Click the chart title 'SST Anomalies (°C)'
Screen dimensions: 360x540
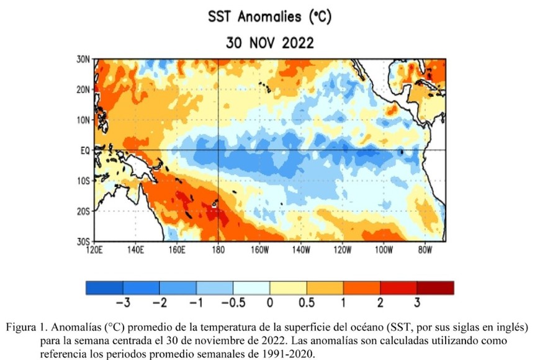coord(269,17)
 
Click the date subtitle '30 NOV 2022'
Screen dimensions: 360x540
coord(269,43)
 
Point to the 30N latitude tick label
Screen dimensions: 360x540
coord(83,59)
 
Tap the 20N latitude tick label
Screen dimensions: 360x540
coord(83,89)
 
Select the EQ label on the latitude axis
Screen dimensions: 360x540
coord(85,150)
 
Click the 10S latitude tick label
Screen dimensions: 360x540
coord(83,181)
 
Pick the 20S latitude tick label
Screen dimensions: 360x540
coord(83,211)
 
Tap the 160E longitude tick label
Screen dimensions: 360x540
coord(176,250)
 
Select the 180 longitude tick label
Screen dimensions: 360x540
coord(218,250)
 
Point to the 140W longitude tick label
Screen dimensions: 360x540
coord(300,250)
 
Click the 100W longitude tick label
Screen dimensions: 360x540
coord(384,250)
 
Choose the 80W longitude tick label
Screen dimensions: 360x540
coord(425,250)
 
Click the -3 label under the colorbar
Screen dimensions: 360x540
coord(122,303)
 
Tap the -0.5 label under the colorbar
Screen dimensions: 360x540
coord(232,303)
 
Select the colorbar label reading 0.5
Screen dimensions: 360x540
coord(307,303)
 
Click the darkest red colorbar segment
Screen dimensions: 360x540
coord(435,287)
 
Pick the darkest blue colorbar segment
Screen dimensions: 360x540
coord(104,287)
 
